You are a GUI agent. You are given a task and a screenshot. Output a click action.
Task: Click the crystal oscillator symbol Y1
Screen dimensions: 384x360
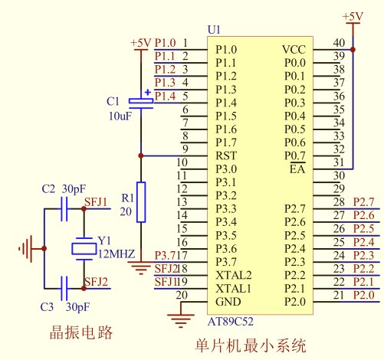(x=84, y=249)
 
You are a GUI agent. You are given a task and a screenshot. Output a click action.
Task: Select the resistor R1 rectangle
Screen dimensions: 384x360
(x=141, y=202)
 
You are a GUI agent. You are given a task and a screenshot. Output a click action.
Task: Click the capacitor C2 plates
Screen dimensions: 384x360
(x=64, y=209)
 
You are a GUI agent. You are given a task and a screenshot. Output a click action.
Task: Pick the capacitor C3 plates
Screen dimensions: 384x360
(x=64, y=289)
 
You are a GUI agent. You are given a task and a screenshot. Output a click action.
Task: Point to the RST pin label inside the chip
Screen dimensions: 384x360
(x=226, y=155)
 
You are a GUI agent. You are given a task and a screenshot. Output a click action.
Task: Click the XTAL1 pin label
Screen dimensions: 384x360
(x=233, y=289)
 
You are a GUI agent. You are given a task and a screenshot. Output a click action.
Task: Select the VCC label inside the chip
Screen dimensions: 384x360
(x=294, y=50)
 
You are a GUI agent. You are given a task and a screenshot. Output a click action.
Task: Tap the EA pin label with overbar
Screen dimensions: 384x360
(x=297, y=169)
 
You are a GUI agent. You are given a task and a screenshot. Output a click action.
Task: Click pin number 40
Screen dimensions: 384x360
(x=339, y=43)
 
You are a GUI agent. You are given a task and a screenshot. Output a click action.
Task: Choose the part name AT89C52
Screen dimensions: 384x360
(x=231, y=322)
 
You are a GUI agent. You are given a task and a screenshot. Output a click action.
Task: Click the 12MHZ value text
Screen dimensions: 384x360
(x=117, y=254)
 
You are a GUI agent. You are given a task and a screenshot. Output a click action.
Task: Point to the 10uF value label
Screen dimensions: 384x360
(x=120, y=116)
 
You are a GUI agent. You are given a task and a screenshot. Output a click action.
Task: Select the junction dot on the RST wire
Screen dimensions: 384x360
(x=141, y=155)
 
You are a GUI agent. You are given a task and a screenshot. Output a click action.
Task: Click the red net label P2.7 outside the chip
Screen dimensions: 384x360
(x=364, y=202)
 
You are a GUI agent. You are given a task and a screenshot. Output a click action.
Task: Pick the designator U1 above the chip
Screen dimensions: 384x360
(x=214, y=30)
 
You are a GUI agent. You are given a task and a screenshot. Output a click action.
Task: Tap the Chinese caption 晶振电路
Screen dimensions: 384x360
(x=81, y=332)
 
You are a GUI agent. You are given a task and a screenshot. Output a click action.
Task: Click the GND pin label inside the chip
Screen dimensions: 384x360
(x=228, y=302)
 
